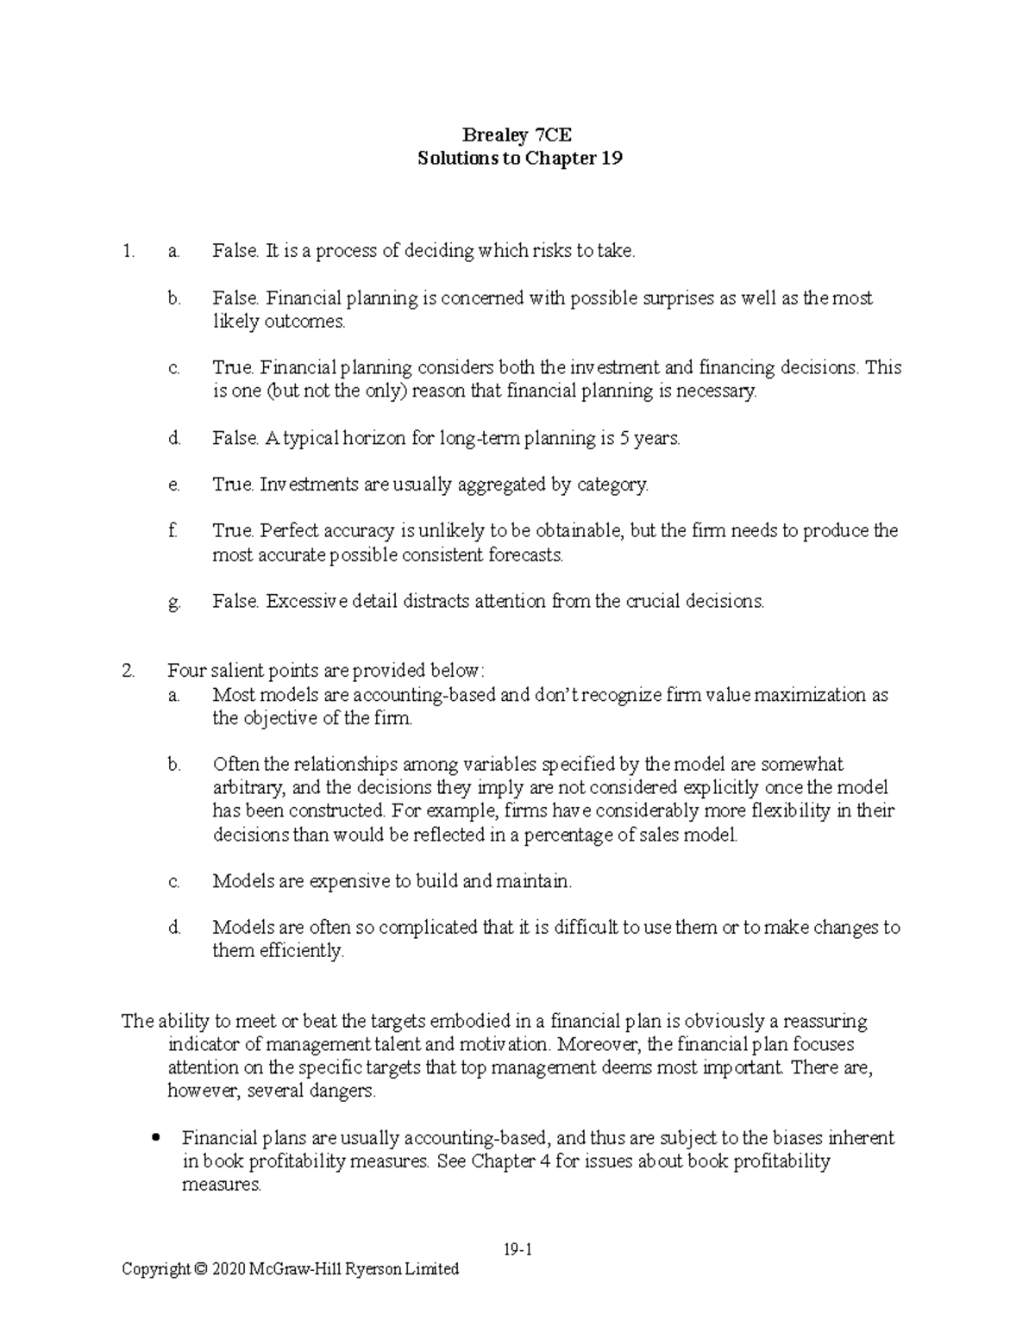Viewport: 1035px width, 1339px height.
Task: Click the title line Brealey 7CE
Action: pos(517,135)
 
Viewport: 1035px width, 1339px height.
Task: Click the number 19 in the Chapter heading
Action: pos(612,159)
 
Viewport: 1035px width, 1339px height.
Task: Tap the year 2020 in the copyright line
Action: pos(229,1269)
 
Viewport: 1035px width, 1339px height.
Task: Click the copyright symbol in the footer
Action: pos(201,1269)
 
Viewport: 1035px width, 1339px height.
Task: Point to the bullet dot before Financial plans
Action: pos(156,1138)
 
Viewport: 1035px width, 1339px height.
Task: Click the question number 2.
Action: pos(129,671)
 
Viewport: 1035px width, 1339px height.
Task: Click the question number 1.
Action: pos(129,252)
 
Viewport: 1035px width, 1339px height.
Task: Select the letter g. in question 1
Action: pos(174,602)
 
